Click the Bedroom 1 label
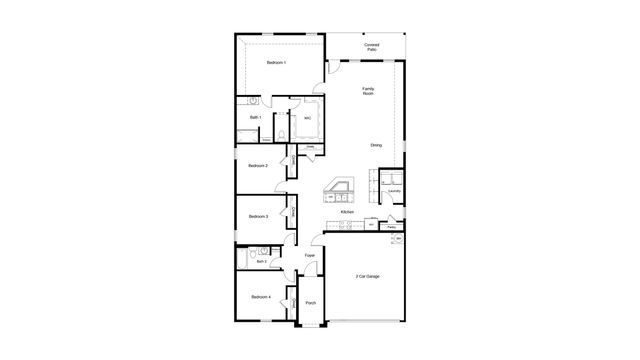[276, 63]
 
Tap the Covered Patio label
[371, 47]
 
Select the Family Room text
[368, 91]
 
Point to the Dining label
[376, 146]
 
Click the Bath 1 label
[256, 118]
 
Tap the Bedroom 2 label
[259, 166]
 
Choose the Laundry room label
[395, 191]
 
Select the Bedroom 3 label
[259, 216]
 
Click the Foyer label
[310, 256]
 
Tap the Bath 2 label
[261, 262]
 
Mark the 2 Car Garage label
[368, 276]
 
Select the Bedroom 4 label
[260, 297]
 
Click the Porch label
[310, 303]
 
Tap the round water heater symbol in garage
[398, 240]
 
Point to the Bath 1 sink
[255, 101]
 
